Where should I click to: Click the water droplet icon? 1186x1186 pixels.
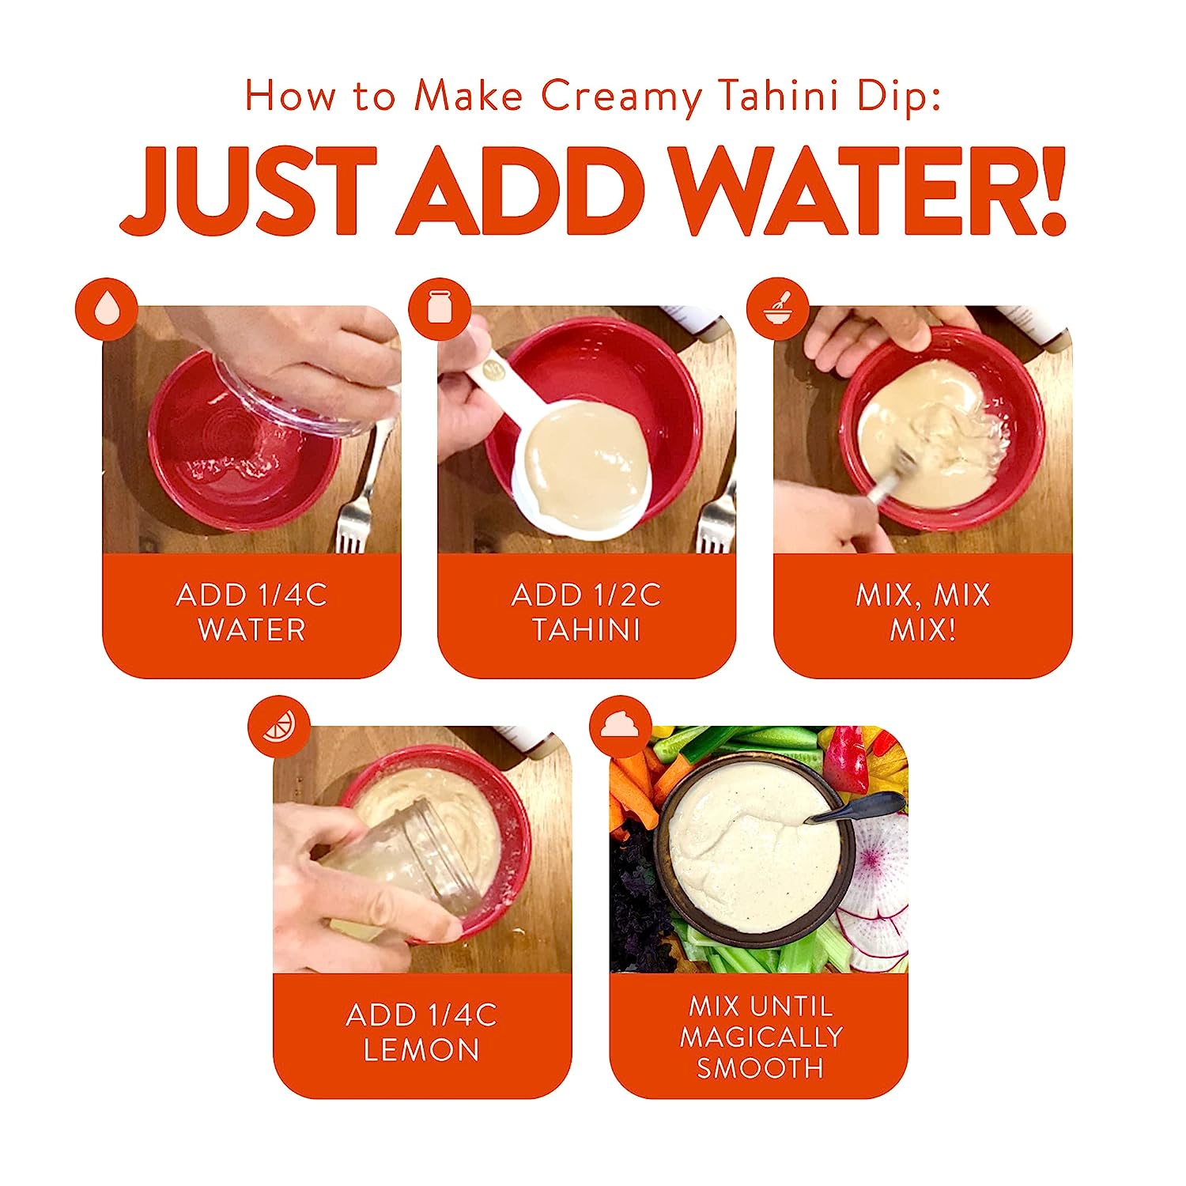[x=107, y=309]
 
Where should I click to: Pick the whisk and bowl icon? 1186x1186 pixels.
[x=778, y=309]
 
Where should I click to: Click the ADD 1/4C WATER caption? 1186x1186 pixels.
[x=251, y=613]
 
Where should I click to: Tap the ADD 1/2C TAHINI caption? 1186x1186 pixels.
[x=586, y=613]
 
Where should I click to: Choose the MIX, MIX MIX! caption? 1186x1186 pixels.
[x=923, y=613]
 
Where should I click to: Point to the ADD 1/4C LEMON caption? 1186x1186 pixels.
[x=421, y=1033]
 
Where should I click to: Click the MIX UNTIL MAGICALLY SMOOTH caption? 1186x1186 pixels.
[x=760, y=1037]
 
